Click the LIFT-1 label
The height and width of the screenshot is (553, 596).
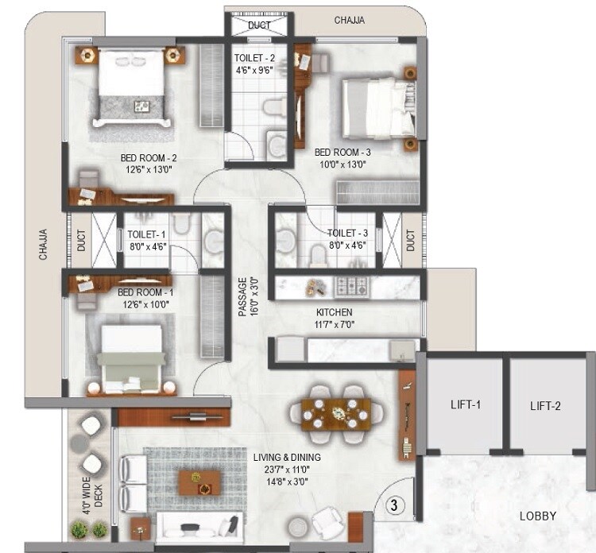coord(466,404)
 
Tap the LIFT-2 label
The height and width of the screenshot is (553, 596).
coord(545,406)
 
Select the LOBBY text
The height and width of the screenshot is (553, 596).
coord(538,516)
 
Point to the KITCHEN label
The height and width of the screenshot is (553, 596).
coord(334,313)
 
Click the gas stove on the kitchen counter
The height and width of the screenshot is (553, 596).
coord(350,285)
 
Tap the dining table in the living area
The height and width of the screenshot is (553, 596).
coord(330,413)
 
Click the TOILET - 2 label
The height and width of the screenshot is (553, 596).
coord(255,58)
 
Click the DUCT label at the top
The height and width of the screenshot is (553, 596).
coord(259,25)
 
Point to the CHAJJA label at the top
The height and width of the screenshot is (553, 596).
coord(349,21)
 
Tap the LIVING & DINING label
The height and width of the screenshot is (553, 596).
coord(287,457)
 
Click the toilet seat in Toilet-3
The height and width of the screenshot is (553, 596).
coord(318,254)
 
